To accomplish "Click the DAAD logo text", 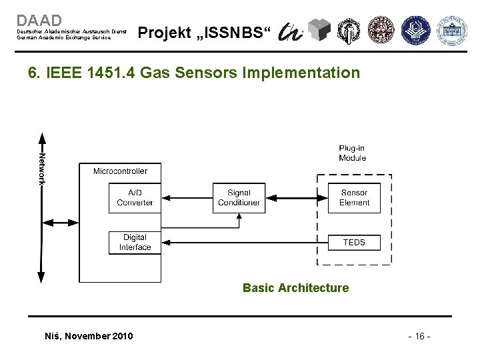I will click(39, 21).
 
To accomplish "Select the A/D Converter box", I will click(135, 197).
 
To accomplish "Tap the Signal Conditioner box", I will click(239, 197).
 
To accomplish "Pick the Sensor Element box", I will click(354, 197).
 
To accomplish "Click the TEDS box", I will click(354, 242).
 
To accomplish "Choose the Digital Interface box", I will click(135, 242).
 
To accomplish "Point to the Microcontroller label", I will click(120, 171).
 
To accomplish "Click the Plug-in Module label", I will click(352, 153).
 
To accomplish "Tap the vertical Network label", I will click(42, 167).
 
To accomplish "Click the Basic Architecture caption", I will click(295, 288).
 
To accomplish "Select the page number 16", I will click(418, 336).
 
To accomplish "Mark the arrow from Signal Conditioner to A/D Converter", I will click(187, 197).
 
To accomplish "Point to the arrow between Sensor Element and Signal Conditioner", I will click(296, 197).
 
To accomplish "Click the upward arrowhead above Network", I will click(42, 139).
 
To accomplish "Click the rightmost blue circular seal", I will click(451, 29).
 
